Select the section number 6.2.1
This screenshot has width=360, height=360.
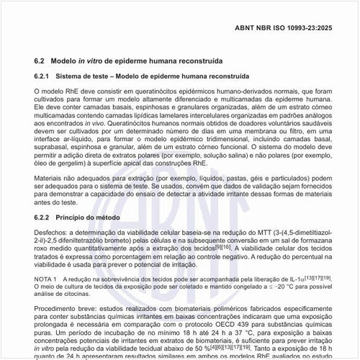(x=44, y=75)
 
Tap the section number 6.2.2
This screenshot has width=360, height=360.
(x=44, y=217)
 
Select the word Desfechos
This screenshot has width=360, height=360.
(x=53, y=234)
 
